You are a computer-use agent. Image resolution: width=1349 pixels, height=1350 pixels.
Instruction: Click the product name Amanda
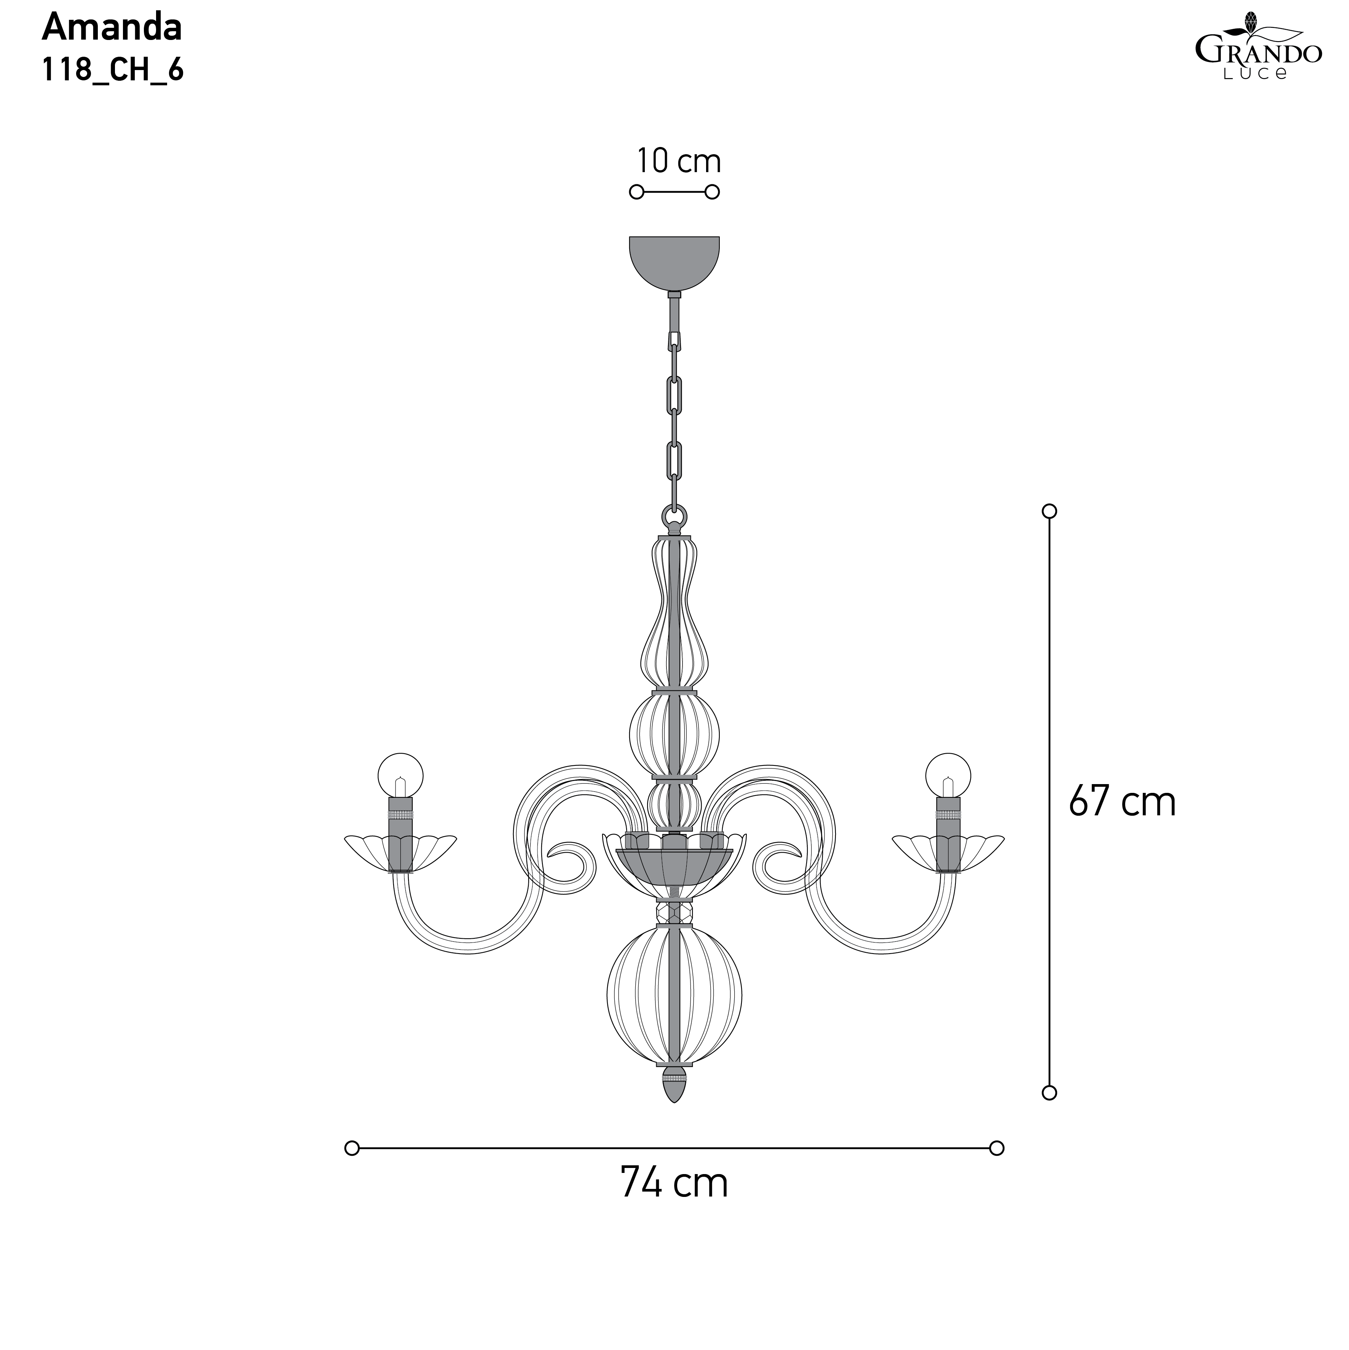(112, 28)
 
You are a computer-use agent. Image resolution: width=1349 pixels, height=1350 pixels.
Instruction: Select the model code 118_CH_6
(112, 70)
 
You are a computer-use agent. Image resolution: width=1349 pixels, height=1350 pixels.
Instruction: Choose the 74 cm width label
(674, 1182)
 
